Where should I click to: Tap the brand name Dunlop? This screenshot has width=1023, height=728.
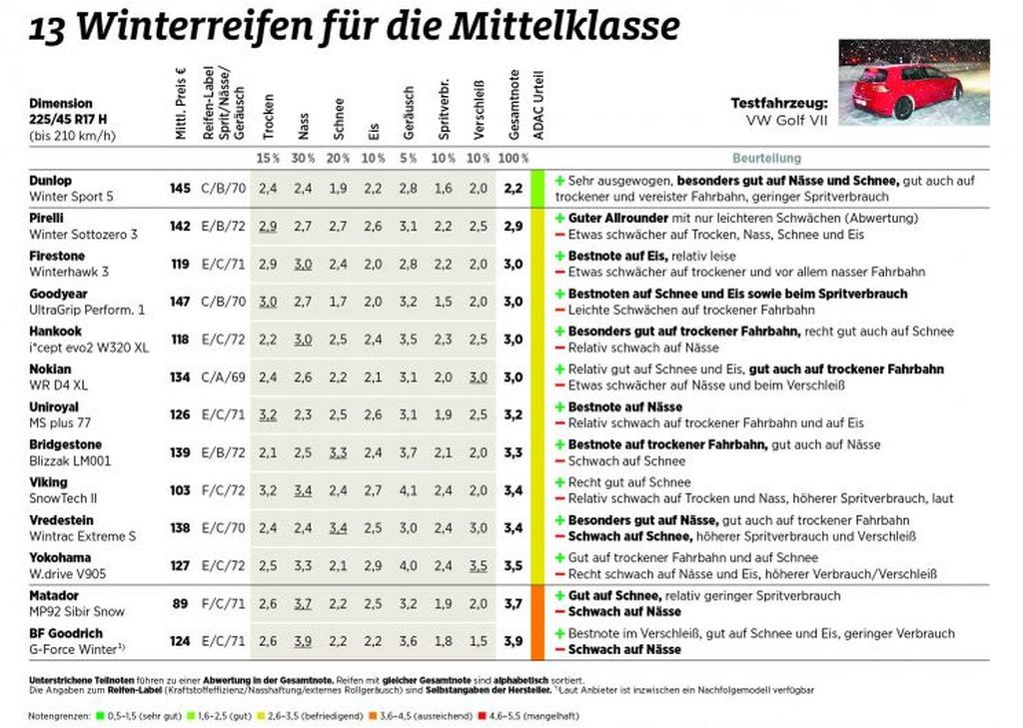pyautogui.click(x=50, y=181)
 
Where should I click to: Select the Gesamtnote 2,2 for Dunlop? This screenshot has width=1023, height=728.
pyautogui.click(x=513, y=187)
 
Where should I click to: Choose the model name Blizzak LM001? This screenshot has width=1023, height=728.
pyautogui.click(x=70, y=460)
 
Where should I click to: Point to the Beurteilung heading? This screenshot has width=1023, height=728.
pyautogui.click(x=766, y=158)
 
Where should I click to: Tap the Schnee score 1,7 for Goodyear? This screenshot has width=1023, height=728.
pyautogui.click(x=339, y=301)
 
